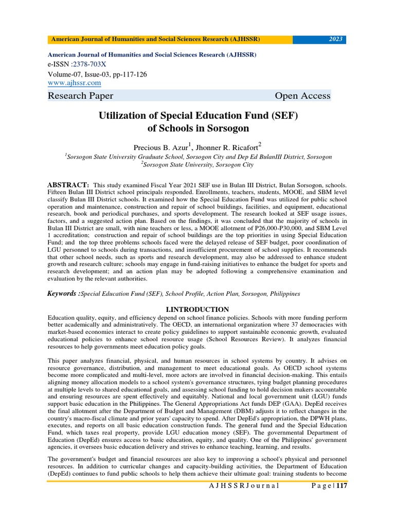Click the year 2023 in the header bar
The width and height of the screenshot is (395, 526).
(x=335, y=40)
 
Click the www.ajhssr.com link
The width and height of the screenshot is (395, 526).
(x=74, y=83)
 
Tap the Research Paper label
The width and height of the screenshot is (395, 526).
(x=80, y=96)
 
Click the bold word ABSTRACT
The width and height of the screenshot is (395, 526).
(x=68, y=184)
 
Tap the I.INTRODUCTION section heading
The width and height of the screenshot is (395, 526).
(x=197, y=309)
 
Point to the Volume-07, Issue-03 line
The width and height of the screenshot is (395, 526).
(x=97, y=74)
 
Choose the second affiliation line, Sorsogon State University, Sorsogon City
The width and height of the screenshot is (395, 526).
(x=198, y=164)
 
